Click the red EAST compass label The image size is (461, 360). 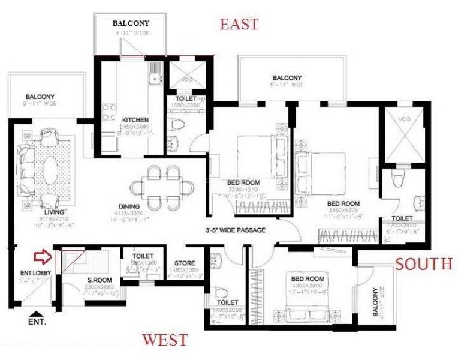tap(239, 25)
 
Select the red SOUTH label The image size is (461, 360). tap(423, 263)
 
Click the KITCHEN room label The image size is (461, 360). tap(135, 119)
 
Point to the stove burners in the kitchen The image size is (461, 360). tap(109, 112)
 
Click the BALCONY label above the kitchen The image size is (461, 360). tap(131, 23)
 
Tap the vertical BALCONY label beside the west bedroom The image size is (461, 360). tap(375, 302)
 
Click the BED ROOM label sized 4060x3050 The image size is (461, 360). tap(308, 279)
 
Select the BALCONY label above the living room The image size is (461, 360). tap(40, 96)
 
